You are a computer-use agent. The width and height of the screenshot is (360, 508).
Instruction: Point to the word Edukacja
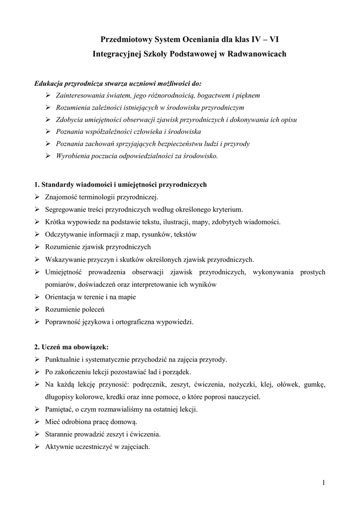(x=49, y=83)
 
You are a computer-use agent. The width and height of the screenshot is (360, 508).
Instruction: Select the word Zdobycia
(x=70, y=119)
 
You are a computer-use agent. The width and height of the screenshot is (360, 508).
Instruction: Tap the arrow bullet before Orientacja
(x=38, y=297)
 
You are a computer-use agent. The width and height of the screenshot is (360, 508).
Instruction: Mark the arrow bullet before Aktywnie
(x=38, y=446)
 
